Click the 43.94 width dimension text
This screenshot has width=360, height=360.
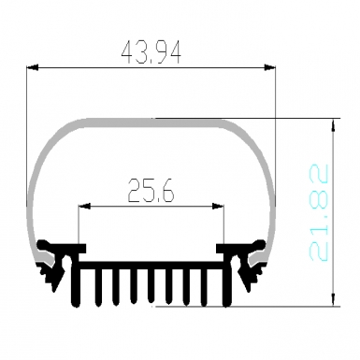click(151, 53)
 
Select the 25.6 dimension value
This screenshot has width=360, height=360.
click(151, 190)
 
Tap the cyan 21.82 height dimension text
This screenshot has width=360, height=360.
click(319, 212)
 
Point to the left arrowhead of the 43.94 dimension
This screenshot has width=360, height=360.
click(33, 67)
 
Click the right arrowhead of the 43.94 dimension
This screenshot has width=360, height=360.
click(270, 67)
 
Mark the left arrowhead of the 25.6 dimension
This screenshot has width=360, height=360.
click(84, 206)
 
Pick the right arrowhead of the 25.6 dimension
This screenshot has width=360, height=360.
click(218, 206)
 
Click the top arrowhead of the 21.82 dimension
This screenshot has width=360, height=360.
click(334, 124)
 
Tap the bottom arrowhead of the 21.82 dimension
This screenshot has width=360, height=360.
click(334, 300)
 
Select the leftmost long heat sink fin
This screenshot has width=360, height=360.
click(76, 281)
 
